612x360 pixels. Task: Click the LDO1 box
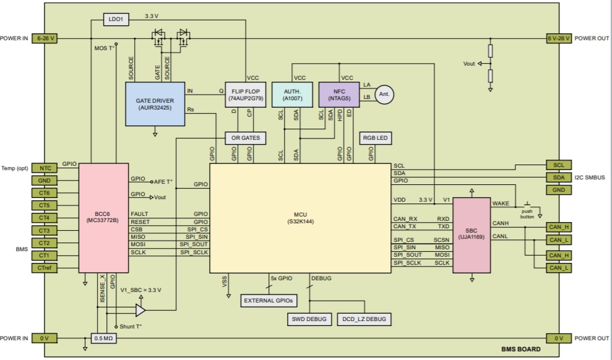pyautogui.click(x=116, y=20)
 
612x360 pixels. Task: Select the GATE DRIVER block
pyautogui.click(x=155, y=103)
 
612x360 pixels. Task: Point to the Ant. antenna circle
pyautogui.click(x=384, y=93)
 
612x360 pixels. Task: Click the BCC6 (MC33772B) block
pyautogui.click(x=103, y=217)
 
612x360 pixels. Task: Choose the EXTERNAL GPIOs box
pyautogui.click(x=268, y=300)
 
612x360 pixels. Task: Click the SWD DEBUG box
pyautogui.click(x=308, y=319)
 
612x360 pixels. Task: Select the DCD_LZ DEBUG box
pyautogui.click(x=364, y=319)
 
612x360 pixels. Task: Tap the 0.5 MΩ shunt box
pyautogui.click(x=102, y=338)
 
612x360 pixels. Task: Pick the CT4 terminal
pyautogui.click(x=44, y=218)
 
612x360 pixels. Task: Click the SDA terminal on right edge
pyautogui.click(x=559, y=178)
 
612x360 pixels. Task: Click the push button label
pyautogui.click(x=527, y=213)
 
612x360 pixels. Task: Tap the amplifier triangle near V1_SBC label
pyautogui.click(x=140, y=309)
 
